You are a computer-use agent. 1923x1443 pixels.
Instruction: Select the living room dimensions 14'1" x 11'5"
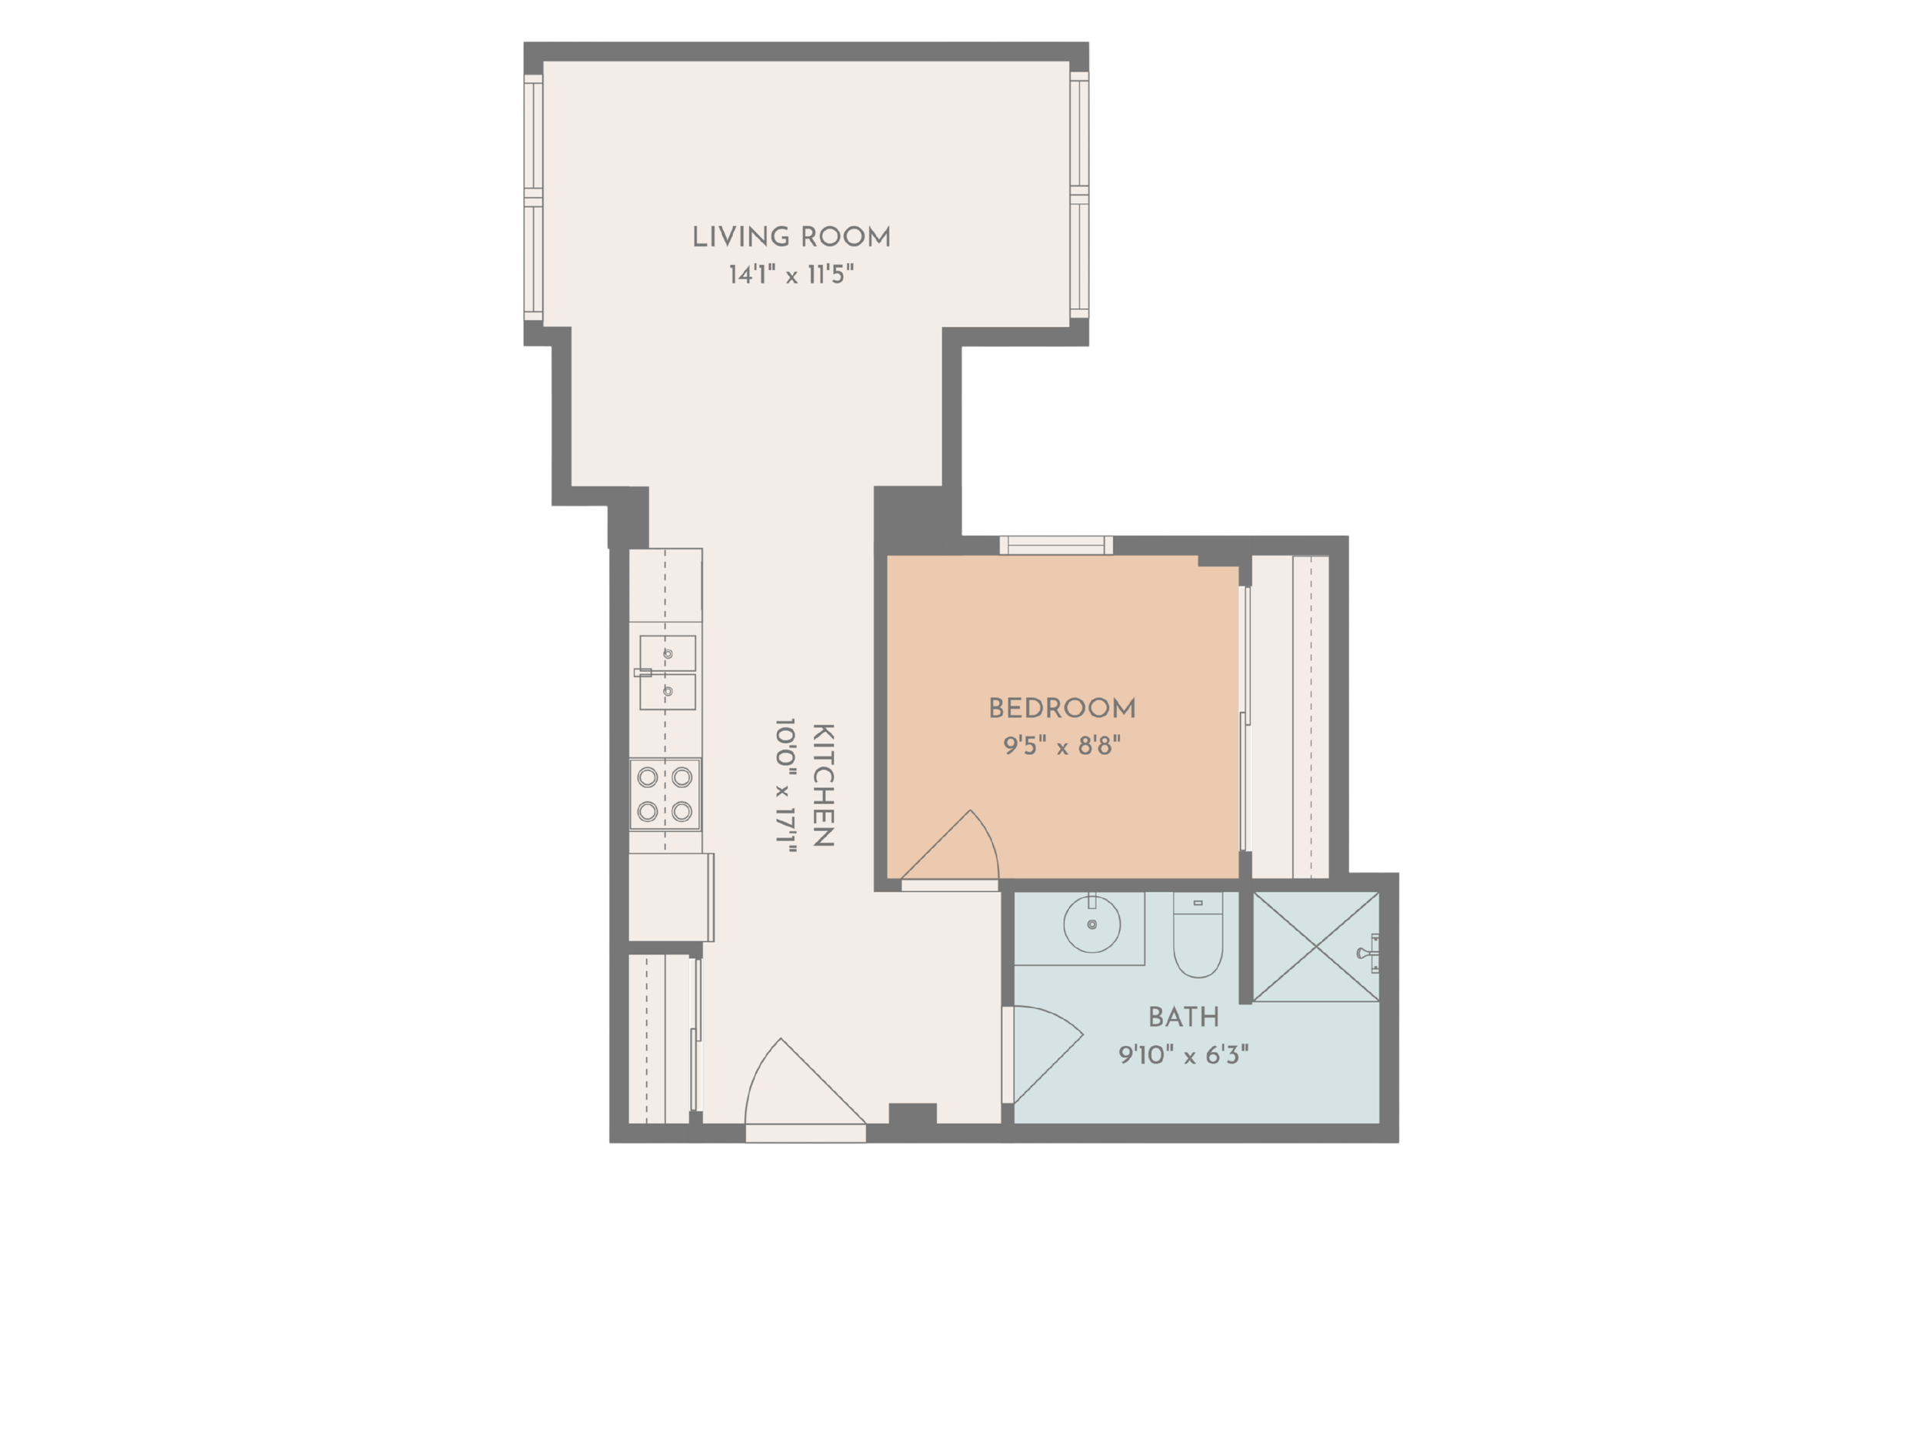[791, 275]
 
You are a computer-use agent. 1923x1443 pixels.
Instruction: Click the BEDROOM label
[1062, 708]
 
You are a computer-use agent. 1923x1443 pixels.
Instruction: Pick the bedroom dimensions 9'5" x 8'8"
[1062, 746]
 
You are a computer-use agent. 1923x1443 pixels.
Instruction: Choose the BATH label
[1183, 1017]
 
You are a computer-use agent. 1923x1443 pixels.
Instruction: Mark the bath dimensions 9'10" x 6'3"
[1183, 1055]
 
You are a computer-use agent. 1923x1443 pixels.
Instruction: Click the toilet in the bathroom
[1198, 935]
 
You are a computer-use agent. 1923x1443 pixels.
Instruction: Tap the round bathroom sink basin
[1092, 924]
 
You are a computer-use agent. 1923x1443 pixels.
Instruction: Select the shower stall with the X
[1316, 947]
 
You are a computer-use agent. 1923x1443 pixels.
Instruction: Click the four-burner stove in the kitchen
[665, 794]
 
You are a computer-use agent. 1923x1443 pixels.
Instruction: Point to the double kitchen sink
[667, 673]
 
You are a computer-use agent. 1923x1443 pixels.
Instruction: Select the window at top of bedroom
[1056, 546]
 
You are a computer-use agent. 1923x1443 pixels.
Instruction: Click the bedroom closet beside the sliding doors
[1290, 717]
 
